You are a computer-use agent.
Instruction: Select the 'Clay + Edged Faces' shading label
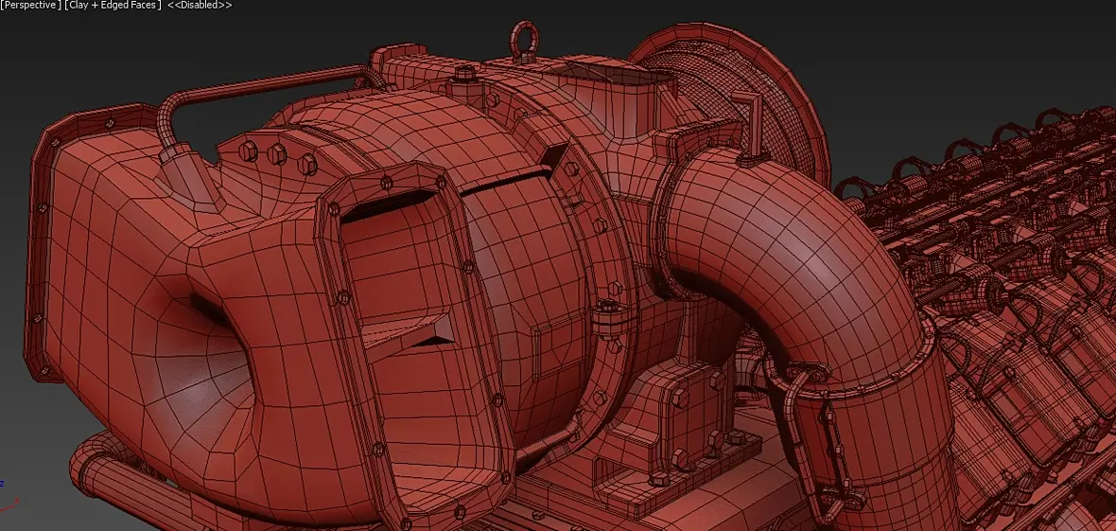(111, 5)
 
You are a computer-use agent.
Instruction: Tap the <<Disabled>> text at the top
(200, 5)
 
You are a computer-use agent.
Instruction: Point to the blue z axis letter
(2, 484)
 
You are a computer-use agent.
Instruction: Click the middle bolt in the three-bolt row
(276, 154)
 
